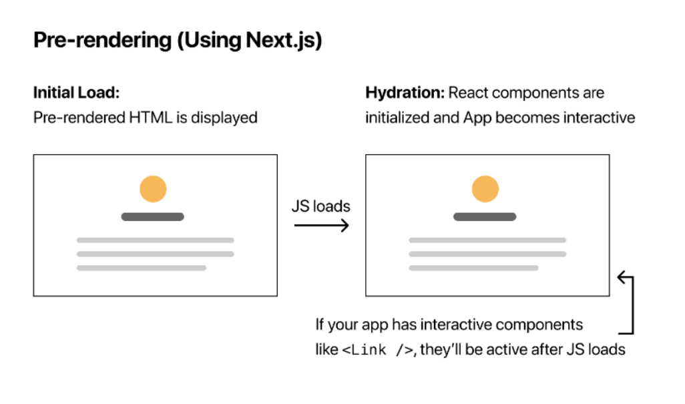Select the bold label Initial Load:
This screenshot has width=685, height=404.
(76, 93)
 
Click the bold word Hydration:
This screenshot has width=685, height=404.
(405, 93)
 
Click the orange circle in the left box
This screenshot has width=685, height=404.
(153, 189)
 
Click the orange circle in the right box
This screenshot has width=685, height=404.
(485, 189)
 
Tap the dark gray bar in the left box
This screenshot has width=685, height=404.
(153, 216)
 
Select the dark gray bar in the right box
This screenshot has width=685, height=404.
(485, 216)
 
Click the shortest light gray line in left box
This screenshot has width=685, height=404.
(142, 268)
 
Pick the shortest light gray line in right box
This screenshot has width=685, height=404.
(473, 268)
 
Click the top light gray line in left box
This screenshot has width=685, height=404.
(155, 240)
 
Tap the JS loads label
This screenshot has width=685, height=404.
(320, 206)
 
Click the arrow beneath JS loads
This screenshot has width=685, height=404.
(321, 226)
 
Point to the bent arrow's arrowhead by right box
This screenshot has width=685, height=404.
(622, 277)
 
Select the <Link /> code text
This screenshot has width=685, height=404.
(379, 350)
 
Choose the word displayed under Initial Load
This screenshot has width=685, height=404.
(224, 118)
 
